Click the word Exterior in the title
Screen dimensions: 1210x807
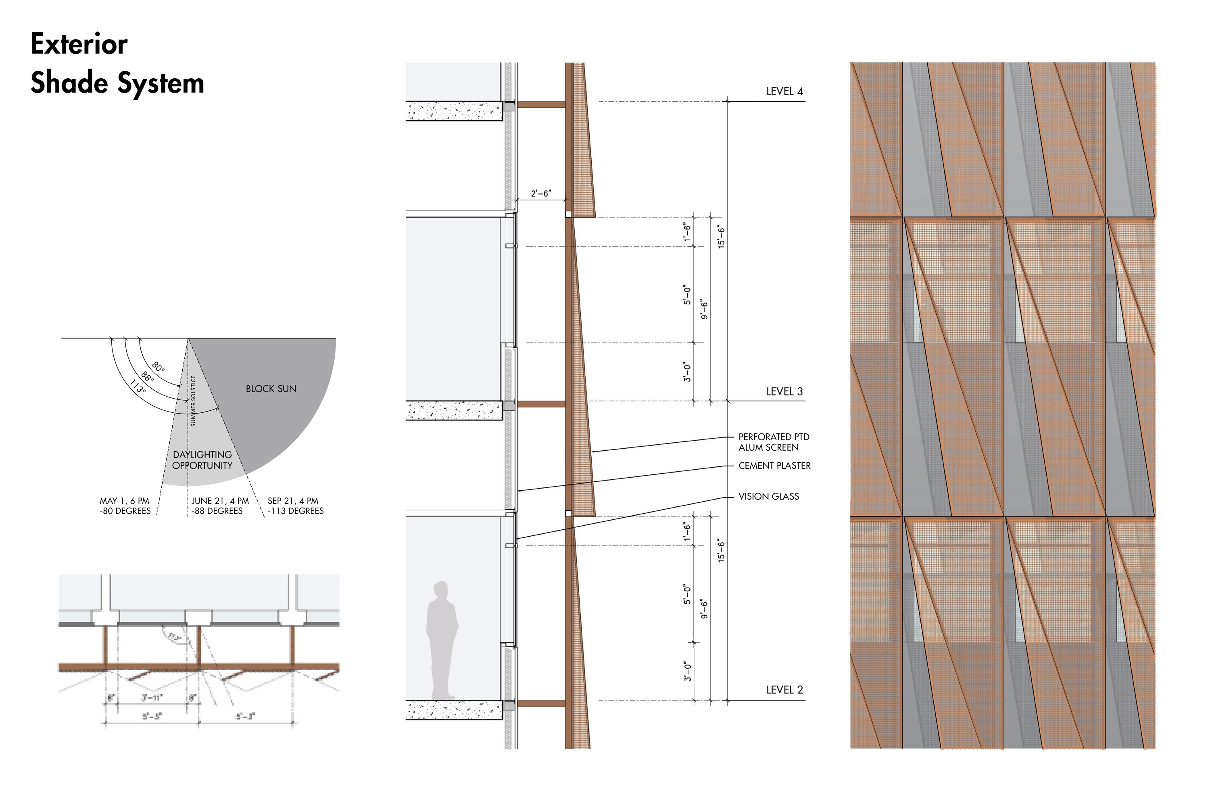pos(79,44)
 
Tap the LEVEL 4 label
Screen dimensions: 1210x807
pos(784,92)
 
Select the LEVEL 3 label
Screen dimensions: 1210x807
pos(784,392)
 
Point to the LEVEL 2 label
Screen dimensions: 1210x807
pos(784,690)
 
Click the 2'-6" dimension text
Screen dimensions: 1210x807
pos(541,194)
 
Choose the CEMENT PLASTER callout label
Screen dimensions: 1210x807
pos(774,466)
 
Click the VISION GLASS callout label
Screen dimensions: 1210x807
pos(769,497)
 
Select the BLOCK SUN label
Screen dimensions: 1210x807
pos(271,389)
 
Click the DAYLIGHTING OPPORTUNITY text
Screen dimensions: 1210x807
pos(202,460)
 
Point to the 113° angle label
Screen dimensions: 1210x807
pos(138,387)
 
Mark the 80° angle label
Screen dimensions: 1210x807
pos(159,368)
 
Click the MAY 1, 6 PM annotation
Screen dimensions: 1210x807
pos(125,501)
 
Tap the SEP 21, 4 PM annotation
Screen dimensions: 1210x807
pos(293,501)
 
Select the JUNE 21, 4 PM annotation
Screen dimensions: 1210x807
pos(220,501)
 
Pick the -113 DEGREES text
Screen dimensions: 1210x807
pos(296,511)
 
